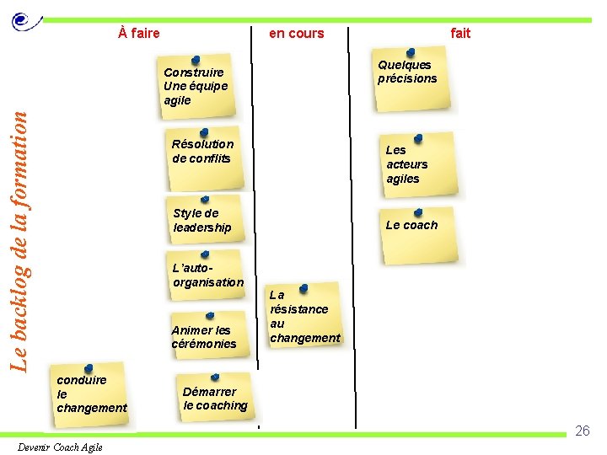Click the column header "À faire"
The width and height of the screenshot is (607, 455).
[x=139, y=34]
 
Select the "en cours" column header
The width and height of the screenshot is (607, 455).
[x=296, y=34]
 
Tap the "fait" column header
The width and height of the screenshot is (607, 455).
[x=460, y=34]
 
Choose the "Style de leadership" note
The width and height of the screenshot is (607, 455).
[x=204, y=222]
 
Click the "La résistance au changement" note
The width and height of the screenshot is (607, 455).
[x=303, y=316]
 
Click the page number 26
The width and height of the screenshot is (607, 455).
[x=582, y=431]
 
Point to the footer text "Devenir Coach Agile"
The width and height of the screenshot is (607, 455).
[x=60, y=447]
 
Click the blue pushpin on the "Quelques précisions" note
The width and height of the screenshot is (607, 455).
[x=410, y=53]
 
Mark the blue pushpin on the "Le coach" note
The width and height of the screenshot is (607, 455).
[x=419, y=212]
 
